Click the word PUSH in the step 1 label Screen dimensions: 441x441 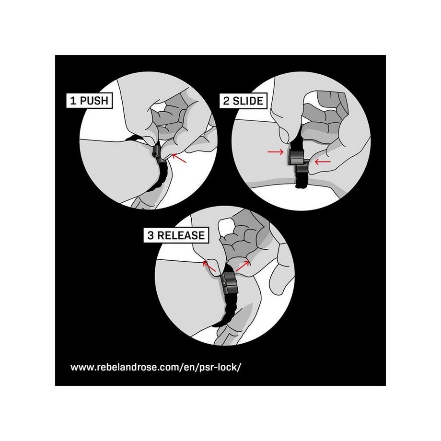pos(94,100)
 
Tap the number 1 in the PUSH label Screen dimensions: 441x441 pos(73,100)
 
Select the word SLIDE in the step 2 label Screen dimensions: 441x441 pos(248,101)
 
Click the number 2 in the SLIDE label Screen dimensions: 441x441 pos(226,101)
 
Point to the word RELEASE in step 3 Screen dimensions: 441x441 pos(181,235)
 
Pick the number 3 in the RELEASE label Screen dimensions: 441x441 pos(151,235)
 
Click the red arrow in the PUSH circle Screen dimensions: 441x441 pos(179,158)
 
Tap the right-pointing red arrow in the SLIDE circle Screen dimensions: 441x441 pos(275,152)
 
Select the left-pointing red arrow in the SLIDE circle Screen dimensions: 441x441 pos(323,162)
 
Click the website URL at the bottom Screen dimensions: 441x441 pos(156,367)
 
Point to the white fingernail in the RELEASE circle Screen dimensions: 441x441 pos(227,224)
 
